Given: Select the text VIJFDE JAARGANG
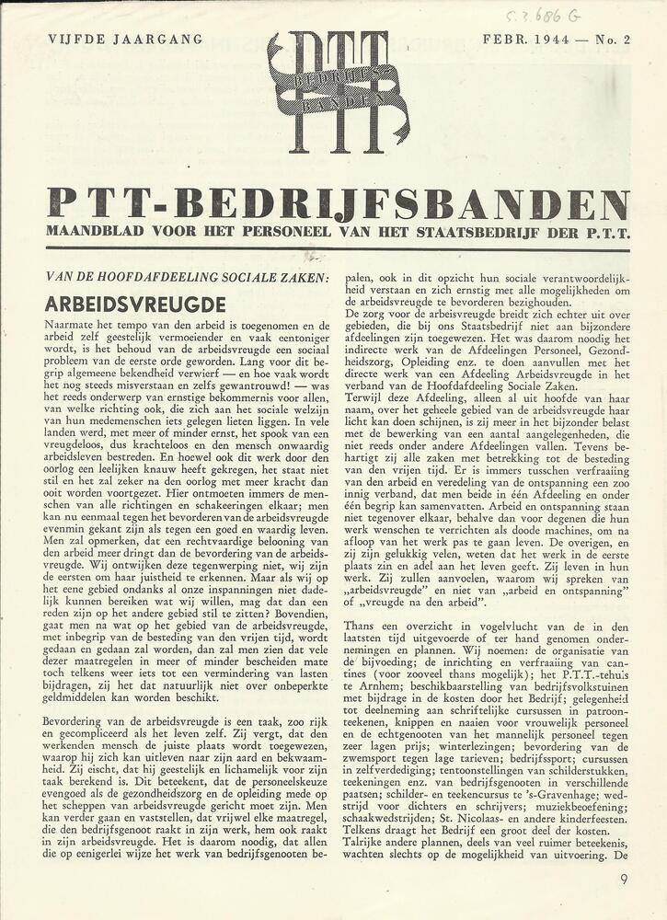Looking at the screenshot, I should pyautogui.click(x=111, y=40).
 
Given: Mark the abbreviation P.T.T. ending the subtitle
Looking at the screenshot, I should pyautogui.click(x=606, y=234).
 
